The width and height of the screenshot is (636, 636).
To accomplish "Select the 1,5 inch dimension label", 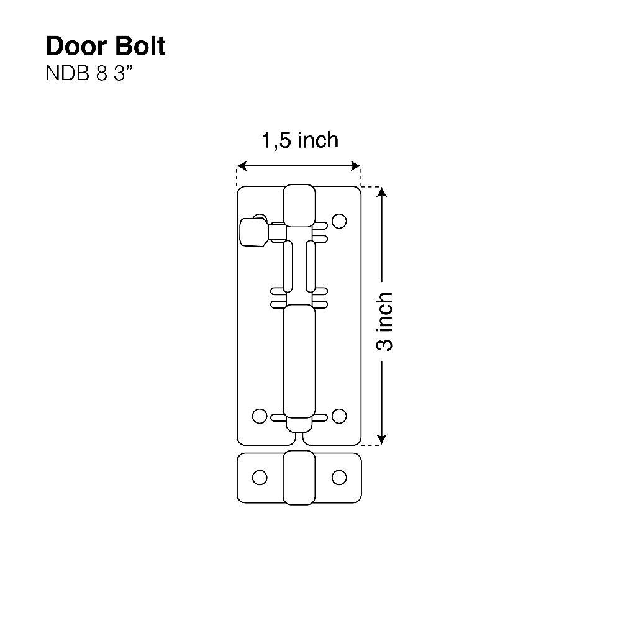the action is (x=300, y=140).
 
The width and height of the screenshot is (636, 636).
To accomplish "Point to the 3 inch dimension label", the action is (x=384, y=321).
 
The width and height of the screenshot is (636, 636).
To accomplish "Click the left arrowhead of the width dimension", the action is (x=242, y=165).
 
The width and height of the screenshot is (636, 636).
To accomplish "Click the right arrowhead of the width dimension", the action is (x=356, y=165).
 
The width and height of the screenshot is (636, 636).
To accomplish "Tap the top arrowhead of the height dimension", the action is (x=382, y=192).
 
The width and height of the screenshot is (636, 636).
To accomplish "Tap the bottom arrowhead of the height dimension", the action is (x=382, y=440).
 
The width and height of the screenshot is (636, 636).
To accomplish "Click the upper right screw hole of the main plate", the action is (x=339, y=221).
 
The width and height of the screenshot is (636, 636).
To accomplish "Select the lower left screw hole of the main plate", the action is (x=260, y=416).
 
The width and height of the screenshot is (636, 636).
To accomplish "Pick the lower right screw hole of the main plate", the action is (x=339, y=416).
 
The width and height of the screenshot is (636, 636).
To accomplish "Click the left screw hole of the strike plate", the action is (x=260, y=478).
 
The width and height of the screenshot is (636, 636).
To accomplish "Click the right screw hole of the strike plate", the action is (x=339, y=478).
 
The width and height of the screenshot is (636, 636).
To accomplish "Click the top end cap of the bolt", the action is (x=299, y=206).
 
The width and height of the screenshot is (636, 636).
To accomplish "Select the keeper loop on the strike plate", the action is (x=299, y=478).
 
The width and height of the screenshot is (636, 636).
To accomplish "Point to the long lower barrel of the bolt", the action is (x=299, y=361).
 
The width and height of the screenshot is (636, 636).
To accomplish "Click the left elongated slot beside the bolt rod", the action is (x=288, y=266).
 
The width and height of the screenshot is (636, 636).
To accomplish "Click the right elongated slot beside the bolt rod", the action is (x=311, y=266).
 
